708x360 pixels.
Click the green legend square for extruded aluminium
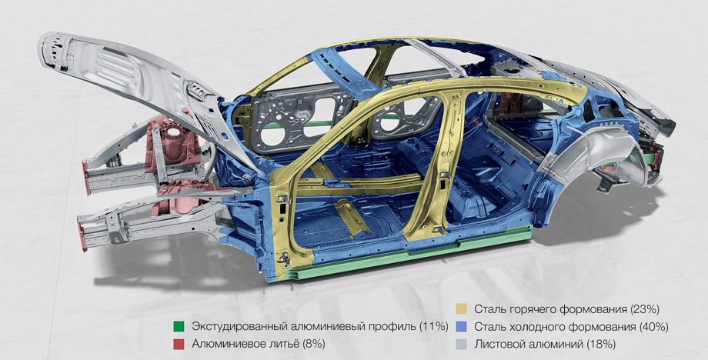point(179,326)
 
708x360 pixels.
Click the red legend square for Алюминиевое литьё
point(179,344)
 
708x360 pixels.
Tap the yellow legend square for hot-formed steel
point(461,309)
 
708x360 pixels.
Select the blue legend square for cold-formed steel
point(461,326)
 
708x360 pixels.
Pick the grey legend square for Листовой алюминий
point(461,344)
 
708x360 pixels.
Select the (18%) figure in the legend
point(601,344)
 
